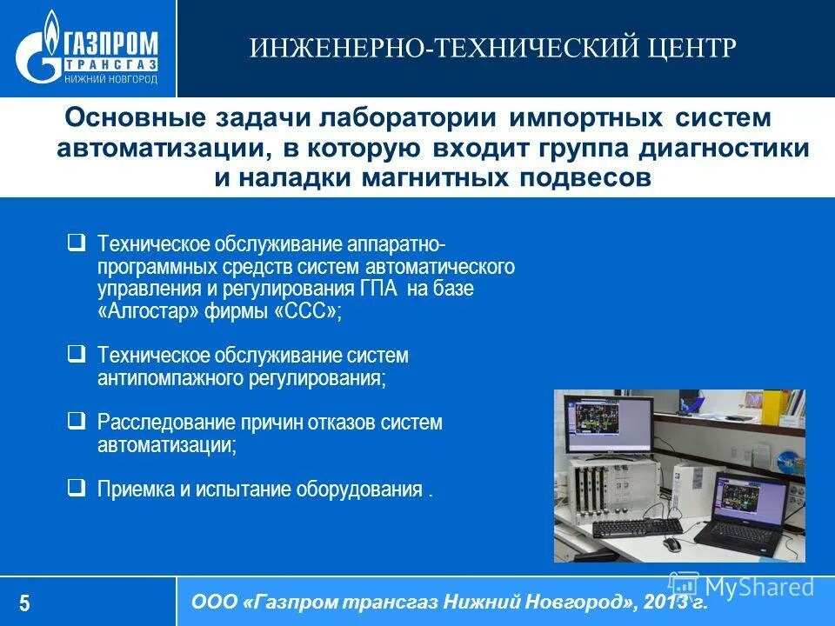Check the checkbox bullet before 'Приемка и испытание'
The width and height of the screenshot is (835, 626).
click(x=77, y=487)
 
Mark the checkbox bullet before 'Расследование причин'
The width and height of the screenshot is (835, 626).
click(x=77, y=421)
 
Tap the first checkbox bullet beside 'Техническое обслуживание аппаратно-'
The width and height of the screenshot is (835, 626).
click(x=77, y=241)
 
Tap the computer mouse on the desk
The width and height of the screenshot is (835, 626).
click(x=671, y=544)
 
